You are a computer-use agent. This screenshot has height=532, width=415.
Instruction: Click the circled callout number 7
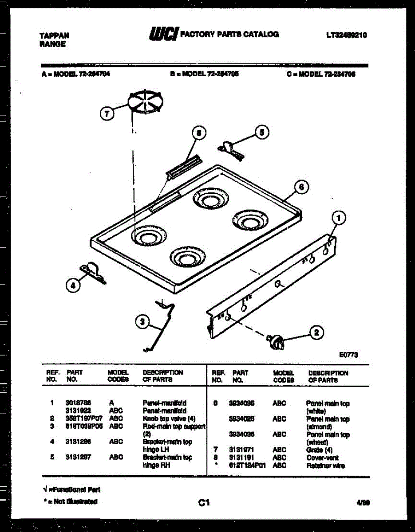pos(107,113)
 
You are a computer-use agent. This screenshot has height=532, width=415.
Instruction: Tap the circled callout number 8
pos(199,133)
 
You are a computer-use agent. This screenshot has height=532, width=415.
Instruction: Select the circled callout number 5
pos(262,131)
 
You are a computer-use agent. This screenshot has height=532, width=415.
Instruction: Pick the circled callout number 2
pos(316,332)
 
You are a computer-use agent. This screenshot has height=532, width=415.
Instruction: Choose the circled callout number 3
pos(142,322)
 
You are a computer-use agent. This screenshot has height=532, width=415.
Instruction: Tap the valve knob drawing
pos(276,341)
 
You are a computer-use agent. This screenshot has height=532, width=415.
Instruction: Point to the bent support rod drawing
pos(161,326)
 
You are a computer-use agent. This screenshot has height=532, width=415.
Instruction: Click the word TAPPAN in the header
pos(54,35)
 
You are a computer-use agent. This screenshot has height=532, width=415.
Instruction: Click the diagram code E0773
pos(348,355)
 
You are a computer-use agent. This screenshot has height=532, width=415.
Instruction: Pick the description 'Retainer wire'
pos(325,465)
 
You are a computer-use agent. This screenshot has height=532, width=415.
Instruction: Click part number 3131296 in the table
pos(78,442)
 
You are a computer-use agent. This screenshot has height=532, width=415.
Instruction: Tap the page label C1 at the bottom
pos(204,502)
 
